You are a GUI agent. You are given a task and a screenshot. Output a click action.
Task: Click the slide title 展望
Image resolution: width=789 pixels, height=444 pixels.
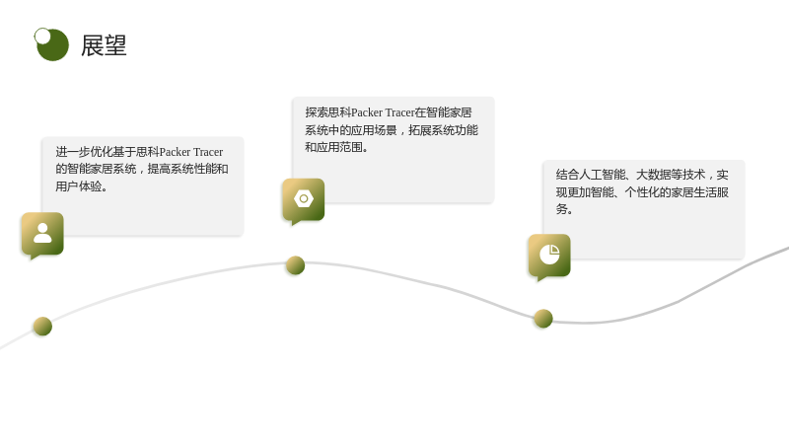(104, 45)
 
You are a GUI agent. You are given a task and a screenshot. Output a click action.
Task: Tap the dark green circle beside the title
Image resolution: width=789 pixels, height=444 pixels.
(53, 45)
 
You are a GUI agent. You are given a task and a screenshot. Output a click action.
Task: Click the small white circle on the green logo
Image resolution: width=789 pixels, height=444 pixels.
(42, 36)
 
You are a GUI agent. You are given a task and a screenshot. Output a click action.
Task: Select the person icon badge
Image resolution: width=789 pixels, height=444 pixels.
(42, 234)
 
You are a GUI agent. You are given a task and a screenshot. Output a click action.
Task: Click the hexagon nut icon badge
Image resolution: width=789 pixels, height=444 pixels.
(304, 200)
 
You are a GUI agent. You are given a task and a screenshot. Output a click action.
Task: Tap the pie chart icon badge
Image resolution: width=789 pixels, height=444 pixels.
(549, 256)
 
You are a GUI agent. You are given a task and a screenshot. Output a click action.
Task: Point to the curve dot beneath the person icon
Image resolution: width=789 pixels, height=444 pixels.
(42, 327)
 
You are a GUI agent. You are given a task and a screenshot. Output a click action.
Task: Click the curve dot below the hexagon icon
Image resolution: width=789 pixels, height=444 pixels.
(295, 265)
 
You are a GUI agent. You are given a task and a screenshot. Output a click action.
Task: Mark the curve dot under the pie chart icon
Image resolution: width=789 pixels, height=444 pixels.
(543, 319)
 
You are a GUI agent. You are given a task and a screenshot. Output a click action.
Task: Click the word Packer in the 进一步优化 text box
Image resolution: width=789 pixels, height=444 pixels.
(176, 152)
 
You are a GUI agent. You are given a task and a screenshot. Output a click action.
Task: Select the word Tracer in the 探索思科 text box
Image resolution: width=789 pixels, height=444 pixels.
(399, 112)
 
